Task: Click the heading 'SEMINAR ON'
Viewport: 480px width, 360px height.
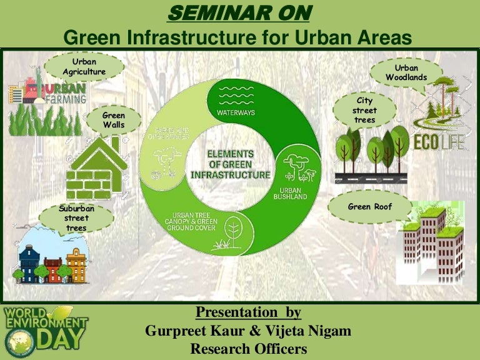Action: [x=240, y=12]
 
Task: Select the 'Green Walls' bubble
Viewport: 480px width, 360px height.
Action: [x=114, y=120]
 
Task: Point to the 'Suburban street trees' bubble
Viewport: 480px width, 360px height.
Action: [x=76, y=218]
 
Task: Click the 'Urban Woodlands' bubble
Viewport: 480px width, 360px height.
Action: [x=406, y=72]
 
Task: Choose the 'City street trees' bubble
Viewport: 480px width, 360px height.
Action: [x=364, y=110]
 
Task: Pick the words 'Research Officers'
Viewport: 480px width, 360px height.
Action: [x=249, y=349]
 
